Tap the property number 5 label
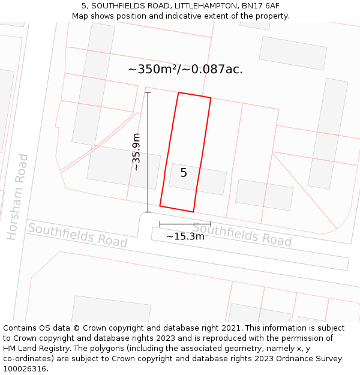[x=184, y=173]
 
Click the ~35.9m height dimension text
[x=137, y=152]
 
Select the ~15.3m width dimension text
[x=185, y=236]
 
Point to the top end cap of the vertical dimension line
[x=148, y=92]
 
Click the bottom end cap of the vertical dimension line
[x=148, y=212]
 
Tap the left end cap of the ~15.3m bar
[x=160, y=224]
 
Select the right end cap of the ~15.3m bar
[x=211, y=224]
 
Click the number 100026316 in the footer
[x=25, y=369]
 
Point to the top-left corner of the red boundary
[x=178, y=92]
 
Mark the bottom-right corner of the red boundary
[x=193, y=212]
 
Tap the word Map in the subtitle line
[x=81, y=16]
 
